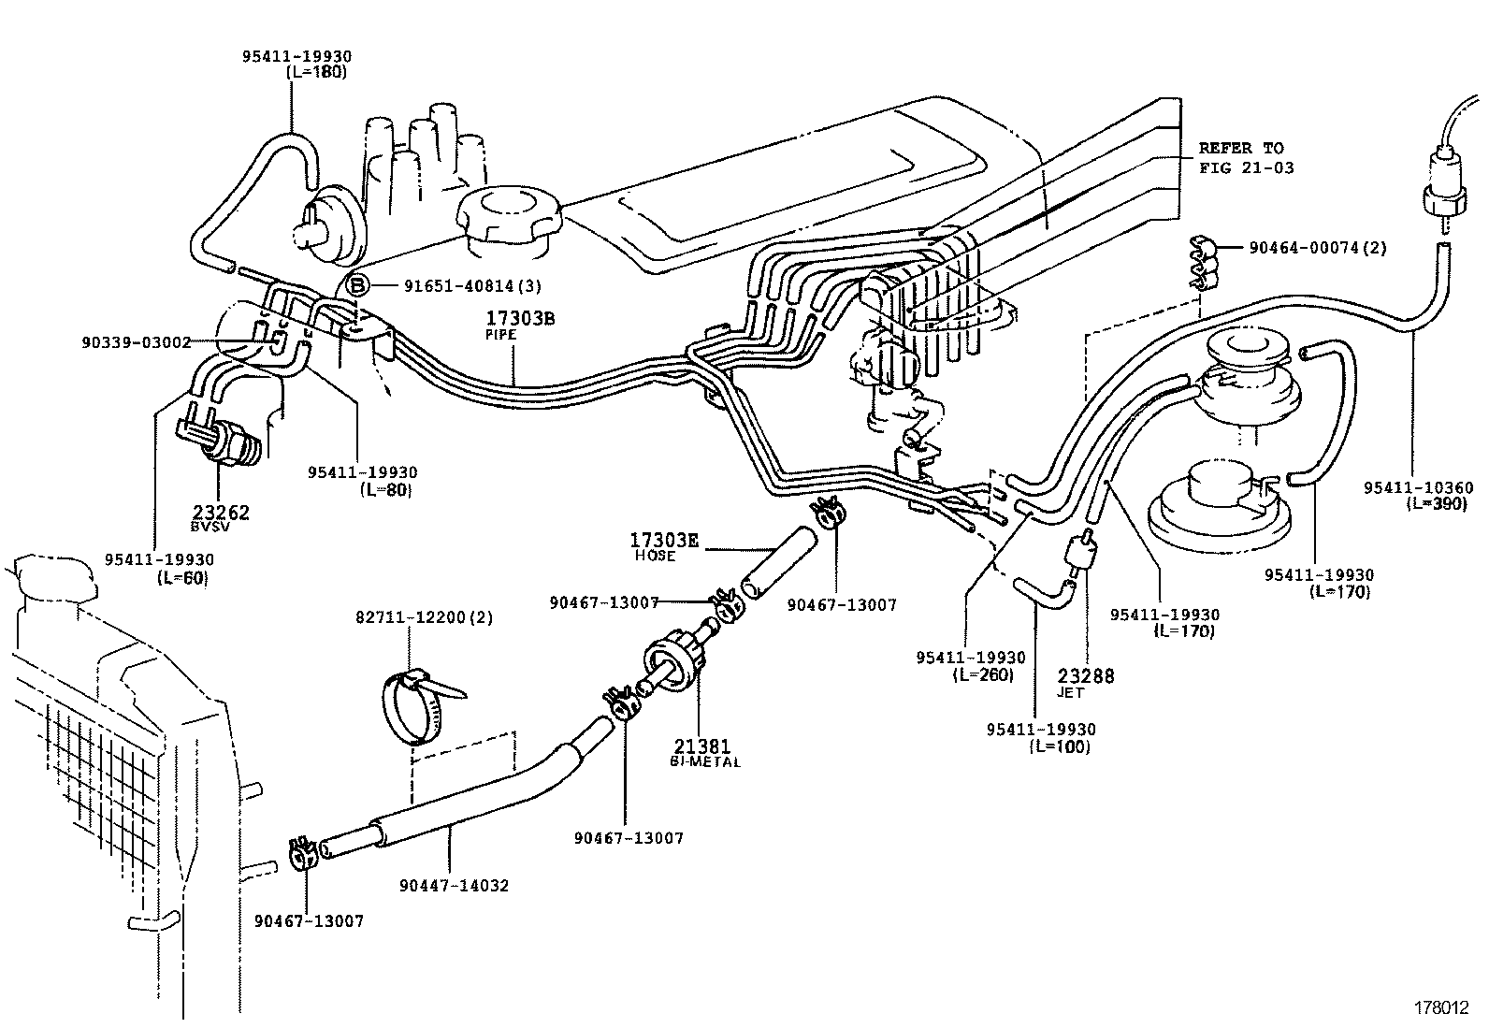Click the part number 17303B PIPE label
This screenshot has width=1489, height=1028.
coord(519,324)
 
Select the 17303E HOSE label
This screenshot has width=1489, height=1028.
coord(665,545)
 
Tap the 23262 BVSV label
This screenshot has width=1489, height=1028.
coord(221,517)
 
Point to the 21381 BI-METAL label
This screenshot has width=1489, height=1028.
coord(705,751)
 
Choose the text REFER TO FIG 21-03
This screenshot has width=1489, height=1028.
coord(1241,157)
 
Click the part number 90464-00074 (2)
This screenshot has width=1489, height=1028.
coord(1317,248)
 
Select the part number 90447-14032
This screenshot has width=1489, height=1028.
coord(454,885)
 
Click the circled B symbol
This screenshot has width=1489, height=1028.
coord(358,285)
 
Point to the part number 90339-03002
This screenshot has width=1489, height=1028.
coord(137,343)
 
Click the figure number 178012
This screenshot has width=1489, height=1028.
coord(1439,1009)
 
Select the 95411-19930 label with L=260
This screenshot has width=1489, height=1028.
coord(970,665)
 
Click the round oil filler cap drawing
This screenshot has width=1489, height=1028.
coord(506,221)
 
